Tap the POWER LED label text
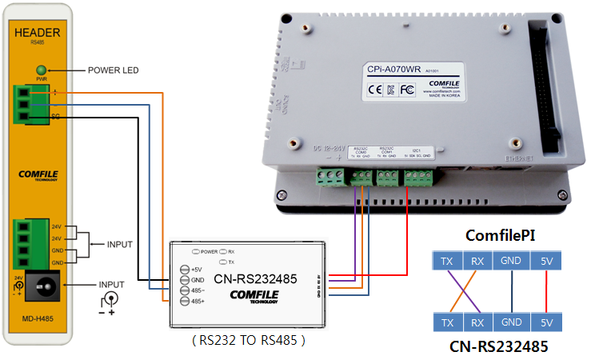coord(113,70)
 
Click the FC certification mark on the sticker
coord(406,89)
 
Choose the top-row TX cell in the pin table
coord(447,260)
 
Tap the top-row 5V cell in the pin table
coord(545,260)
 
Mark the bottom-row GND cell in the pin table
coord(510,322)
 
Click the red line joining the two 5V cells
coord(545,291)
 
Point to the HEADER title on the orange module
coord(38,32)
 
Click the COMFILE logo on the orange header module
coord(40,174)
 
